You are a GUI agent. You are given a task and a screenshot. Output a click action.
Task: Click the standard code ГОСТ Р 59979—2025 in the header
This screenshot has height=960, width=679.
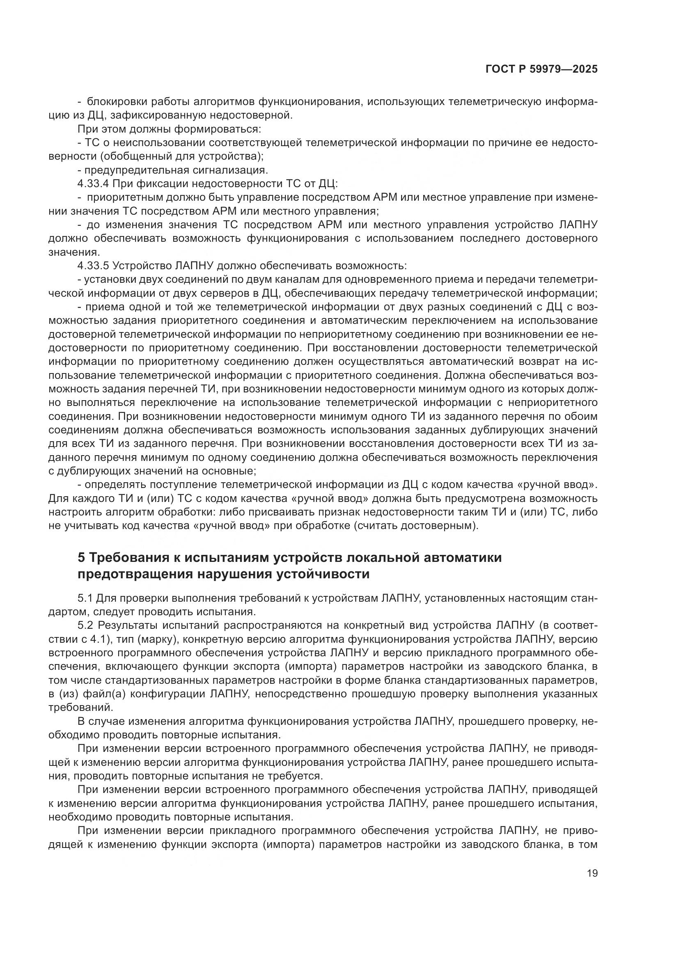pos(541,69)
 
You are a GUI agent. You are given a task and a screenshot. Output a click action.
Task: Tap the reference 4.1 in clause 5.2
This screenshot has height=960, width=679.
pos(99,639)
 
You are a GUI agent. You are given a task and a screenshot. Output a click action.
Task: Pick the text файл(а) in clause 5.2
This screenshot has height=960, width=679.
pos(105,694)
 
